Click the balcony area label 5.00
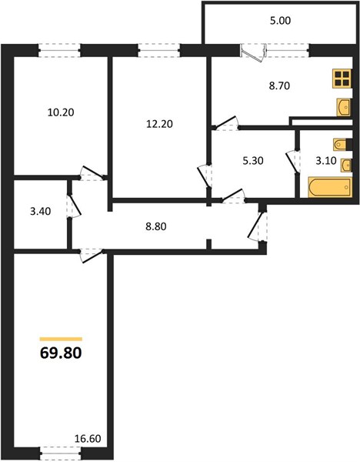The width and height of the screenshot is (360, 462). tap(280, 21)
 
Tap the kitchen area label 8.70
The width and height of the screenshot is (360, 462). tap(279, 85)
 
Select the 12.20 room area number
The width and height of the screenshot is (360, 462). tap(159, 124)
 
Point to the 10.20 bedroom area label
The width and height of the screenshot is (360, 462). tap(61, 112)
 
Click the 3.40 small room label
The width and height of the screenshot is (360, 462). tap(41, 211)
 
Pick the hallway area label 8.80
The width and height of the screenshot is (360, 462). tap(155, 226)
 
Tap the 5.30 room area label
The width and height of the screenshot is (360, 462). tap(252, 161)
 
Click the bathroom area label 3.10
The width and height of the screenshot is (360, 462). tap(326, 161)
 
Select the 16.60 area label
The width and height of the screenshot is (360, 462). tap(88, 439)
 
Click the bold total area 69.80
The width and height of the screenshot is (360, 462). tap(61, 353)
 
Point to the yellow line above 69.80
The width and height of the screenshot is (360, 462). tap(61, 339)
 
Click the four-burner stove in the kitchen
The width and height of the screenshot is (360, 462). tap(342, 78)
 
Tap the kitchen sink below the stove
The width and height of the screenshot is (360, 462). tap(344, 107)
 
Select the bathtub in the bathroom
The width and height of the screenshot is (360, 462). tap(330, 187)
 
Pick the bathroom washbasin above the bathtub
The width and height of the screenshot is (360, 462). tap(346, 165)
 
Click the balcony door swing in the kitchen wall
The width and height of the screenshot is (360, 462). tap(253, 53)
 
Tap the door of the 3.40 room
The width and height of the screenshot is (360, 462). tap(74, 206)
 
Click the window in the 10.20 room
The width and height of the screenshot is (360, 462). tap(59, 50)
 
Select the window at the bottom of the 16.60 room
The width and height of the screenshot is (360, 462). tap(60, 454)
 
